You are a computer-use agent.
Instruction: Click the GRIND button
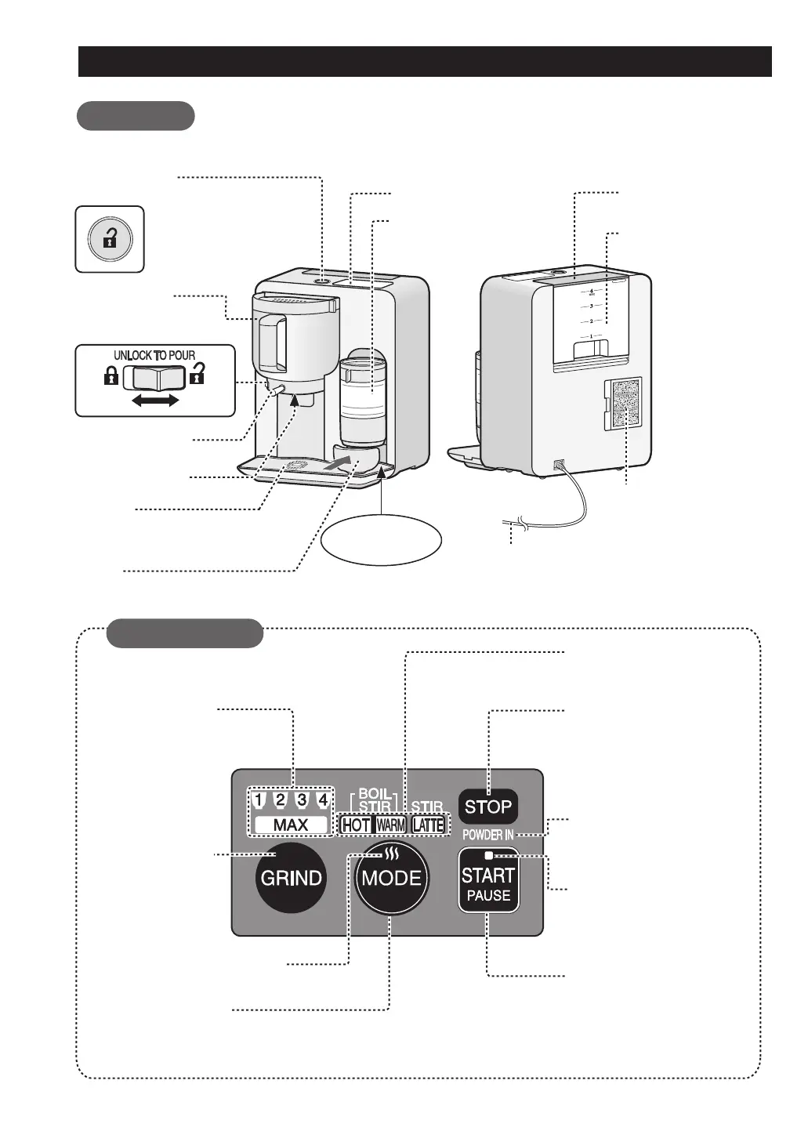pyautogui.click(x=291, y=878)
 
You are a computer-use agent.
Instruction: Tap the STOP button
pyautogui.click(x=488, y=807)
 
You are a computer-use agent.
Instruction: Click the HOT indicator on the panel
pyautogui.click(x=357, y=825)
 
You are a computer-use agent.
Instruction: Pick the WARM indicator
pyautogui.click(x=390, y=825)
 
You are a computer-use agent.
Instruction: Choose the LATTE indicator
pyautogui.click(x=428, y=825)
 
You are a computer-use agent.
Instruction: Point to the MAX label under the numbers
pyautogui.click(x=290, y=825)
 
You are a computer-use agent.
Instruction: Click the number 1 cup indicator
pyautogui.click(x=259, y=801)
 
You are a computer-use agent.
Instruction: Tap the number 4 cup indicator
pyautogui.click(x=321, y=801)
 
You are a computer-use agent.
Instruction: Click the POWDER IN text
pyautogui.click(x=487, y=836)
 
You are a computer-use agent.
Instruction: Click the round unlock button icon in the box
pyautogui.click(x=110, y=239)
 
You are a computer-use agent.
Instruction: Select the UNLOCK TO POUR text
pyautogui.click(x=154, y=355)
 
